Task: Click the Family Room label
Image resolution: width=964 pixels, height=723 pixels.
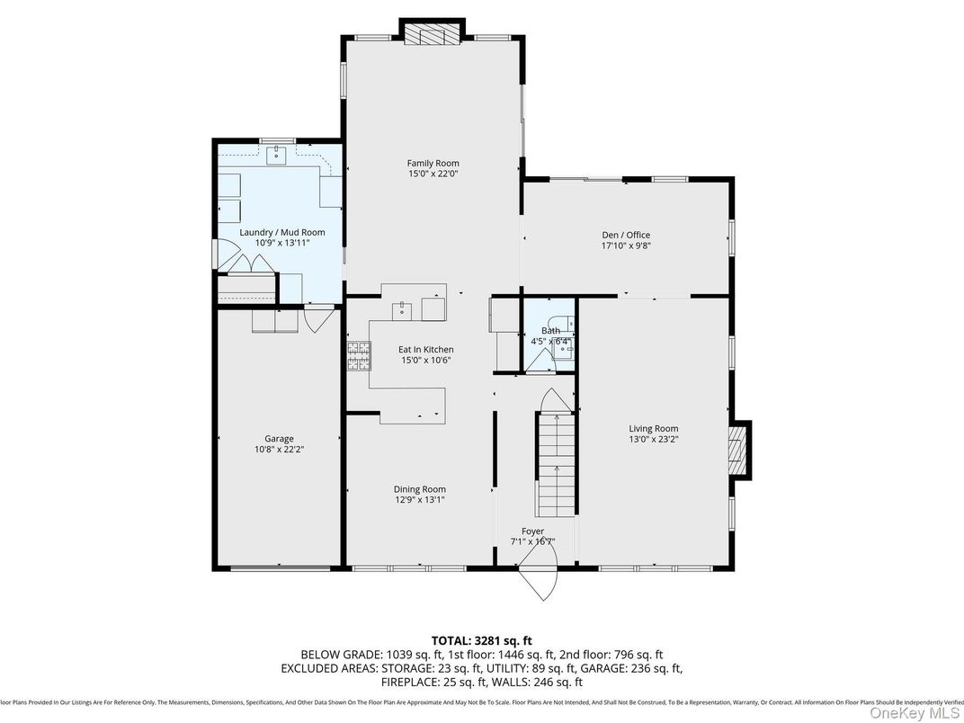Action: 433,164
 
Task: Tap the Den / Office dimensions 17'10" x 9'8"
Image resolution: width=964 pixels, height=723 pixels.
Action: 626,245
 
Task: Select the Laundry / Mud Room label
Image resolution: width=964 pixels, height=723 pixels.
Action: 281,232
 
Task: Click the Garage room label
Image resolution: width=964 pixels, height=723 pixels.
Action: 279,439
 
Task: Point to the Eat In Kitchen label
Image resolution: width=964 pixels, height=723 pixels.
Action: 425,349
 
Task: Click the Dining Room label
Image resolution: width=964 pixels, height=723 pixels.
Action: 419,489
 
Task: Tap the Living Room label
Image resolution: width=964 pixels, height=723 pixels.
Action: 653,429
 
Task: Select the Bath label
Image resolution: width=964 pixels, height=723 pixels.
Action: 550,331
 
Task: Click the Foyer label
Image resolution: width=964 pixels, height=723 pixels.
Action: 532,531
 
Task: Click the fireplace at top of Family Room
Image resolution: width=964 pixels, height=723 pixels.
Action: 431,34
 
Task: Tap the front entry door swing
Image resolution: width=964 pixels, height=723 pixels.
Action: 540,581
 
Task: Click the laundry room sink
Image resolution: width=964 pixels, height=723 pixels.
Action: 275,155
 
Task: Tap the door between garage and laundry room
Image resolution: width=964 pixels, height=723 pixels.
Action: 317,318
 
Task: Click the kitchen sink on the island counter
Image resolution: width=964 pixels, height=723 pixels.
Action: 402,309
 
